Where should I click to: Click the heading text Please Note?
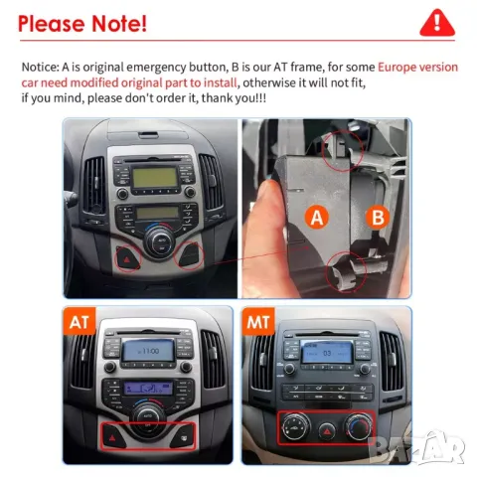(x=82, y=22)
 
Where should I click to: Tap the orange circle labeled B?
(x=379, y=216)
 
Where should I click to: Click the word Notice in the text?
(x=39, y=67)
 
